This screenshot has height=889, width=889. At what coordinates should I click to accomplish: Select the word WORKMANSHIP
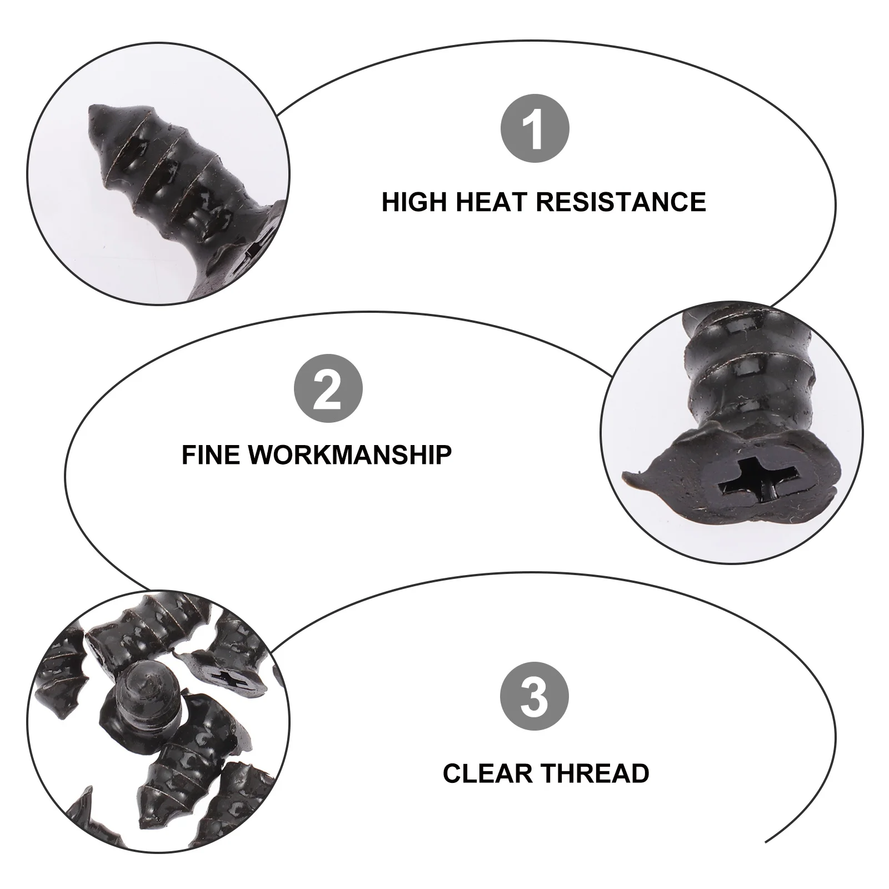349,455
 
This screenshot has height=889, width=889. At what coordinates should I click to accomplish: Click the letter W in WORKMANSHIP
258,455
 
